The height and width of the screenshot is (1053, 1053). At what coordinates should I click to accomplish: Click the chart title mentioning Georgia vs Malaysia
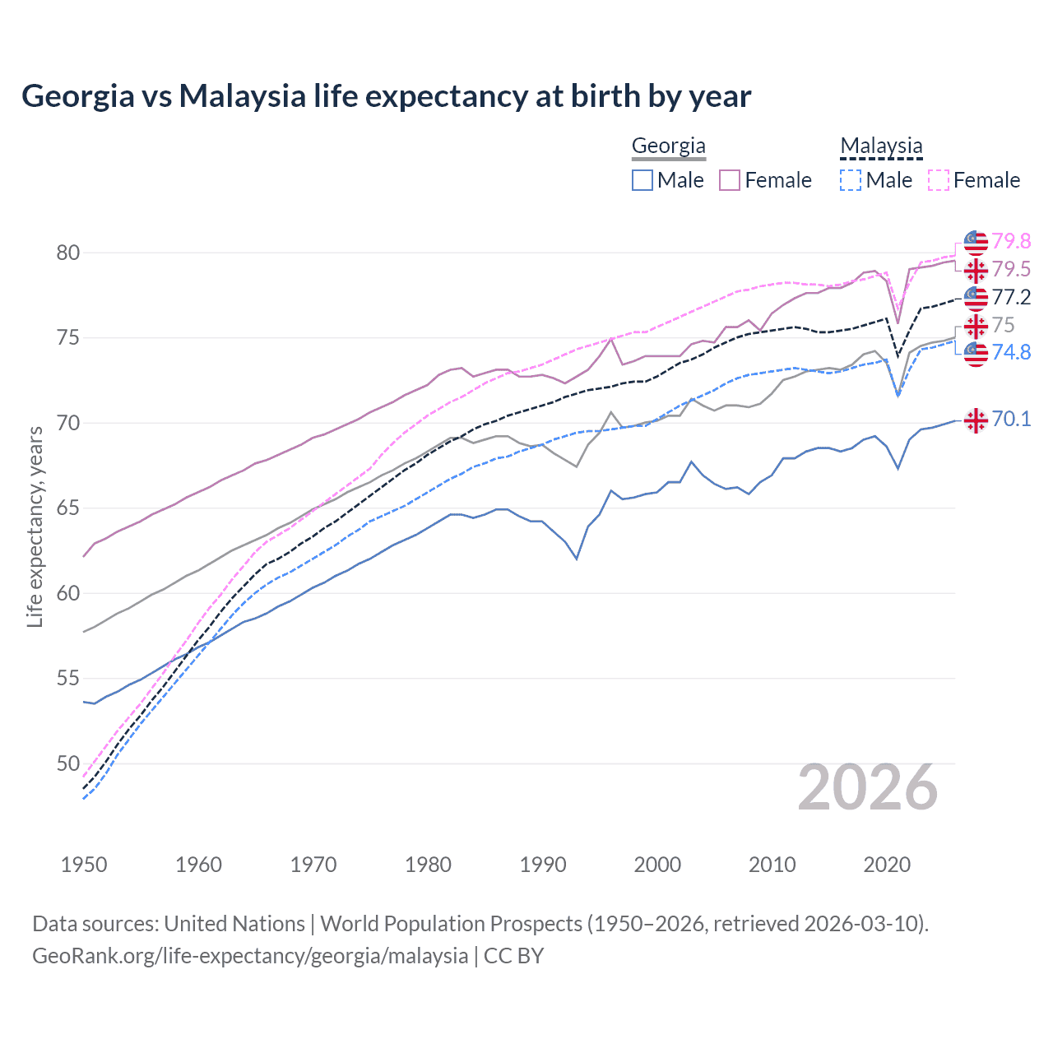[386, 96]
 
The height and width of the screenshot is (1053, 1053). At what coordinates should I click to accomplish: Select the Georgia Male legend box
[642, 180]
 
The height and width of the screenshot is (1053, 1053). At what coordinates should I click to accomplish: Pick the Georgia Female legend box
[730, 180]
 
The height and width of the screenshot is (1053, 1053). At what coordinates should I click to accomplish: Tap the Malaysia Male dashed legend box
[851, 180]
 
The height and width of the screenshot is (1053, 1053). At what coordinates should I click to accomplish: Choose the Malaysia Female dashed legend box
[939, 180]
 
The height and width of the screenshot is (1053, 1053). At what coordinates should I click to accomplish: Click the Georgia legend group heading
[668, 146]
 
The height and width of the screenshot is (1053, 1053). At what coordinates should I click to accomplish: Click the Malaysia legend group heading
[881, 146]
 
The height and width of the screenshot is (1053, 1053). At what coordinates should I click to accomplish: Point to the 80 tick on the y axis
[68, 253]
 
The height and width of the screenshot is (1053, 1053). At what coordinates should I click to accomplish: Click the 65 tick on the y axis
[68, 508]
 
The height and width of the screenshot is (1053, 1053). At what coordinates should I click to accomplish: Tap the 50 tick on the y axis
[68, 763]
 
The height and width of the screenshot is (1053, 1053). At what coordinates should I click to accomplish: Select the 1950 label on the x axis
[84, 865]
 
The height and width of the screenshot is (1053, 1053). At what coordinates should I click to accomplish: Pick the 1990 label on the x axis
[543, 865]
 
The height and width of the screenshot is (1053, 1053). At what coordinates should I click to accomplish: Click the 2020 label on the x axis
[887, 865]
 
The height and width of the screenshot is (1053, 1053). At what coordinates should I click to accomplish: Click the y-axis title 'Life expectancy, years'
[35, 526]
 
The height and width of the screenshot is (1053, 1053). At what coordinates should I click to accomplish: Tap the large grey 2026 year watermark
[868, 787]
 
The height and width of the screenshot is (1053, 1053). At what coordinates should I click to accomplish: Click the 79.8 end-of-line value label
[1011, 241]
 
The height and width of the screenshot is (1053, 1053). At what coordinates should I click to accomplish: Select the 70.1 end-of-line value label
[1011, 419]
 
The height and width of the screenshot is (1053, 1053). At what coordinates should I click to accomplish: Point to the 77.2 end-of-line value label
[1011, 297]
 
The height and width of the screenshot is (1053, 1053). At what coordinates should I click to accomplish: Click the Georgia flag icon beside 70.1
[976, 420]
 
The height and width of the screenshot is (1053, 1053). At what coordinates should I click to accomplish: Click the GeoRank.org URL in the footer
[250, 956]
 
